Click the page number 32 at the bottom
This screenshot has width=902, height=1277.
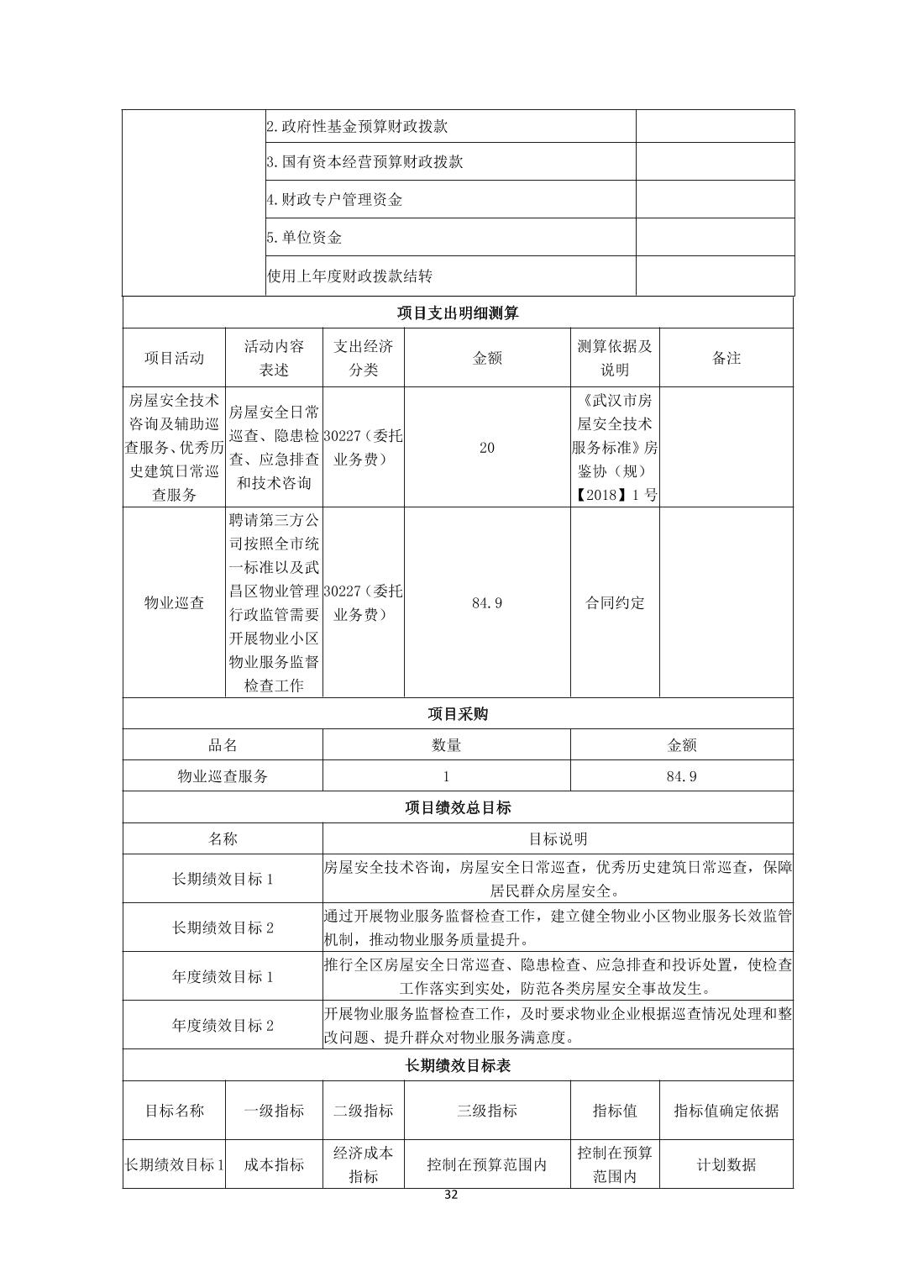coord(451,1196)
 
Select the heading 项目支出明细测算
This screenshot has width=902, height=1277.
coord(458,313)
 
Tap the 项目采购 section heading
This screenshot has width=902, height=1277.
coord(458,713)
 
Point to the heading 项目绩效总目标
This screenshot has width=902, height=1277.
coord(458,807)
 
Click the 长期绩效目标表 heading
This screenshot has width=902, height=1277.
coord(458,1065)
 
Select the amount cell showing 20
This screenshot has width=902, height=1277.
coord(487,448)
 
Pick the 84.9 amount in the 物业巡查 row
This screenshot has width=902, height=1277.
coord(487,602)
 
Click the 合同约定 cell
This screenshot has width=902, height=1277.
coord(615,602)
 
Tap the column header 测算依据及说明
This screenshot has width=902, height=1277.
coord(615,358)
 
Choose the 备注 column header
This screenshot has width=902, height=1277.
coord(726,358)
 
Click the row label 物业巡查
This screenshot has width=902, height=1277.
coord(174,602)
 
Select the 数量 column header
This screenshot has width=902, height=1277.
coord(446,745)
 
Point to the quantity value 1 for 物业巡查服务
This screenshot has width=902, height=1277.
coord(446,776)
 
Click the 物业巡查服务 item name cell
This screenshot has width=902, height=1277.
coord(223,776)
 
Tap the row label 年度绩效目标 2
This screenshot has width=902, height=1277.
coord(223,1025)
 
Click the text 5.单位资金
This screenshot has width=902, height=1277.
coord(305,238)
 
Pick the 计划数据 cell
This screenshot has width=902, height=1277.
coord(726,1164)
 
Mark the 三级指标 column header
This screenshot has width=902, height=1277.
coord(487,1111)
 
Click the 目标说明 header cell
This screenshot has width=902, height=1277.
coord(558,838)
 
